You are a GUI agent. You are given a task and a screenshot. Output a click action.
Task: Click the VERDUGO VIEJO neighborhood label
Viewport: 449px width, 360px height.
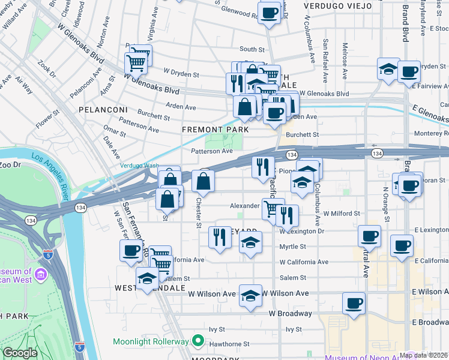point(334,5)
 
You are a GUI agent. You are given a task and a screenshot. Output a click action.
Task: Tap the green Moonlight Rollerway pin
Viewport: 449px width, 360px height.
point(197,341)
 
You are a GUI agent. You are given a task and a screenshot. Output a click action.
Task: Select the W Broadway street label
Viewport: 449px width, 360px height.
point(290,314)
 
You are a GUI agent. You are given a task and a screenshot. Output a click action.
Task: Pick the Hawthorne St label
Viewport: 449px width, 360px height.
point(229,344)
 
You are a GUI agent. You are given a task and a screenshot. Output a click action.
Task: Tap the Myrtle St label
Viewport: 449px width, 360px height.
point(293,247)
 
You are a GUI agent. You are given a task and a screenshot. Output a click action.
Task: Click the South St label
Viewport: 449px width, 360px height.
point(252,49)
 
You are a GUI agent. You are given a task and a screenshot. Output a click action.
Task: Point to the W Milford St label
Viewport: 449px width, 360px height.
point(341,213)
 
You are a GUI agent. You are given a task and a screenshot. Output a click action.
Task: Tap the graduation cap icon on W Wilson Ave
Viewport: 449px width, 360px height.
point(250,295)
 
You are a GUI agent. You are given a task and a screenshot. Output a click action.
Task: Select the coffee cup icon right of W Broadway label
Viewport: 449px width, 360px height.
point(354,302)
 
